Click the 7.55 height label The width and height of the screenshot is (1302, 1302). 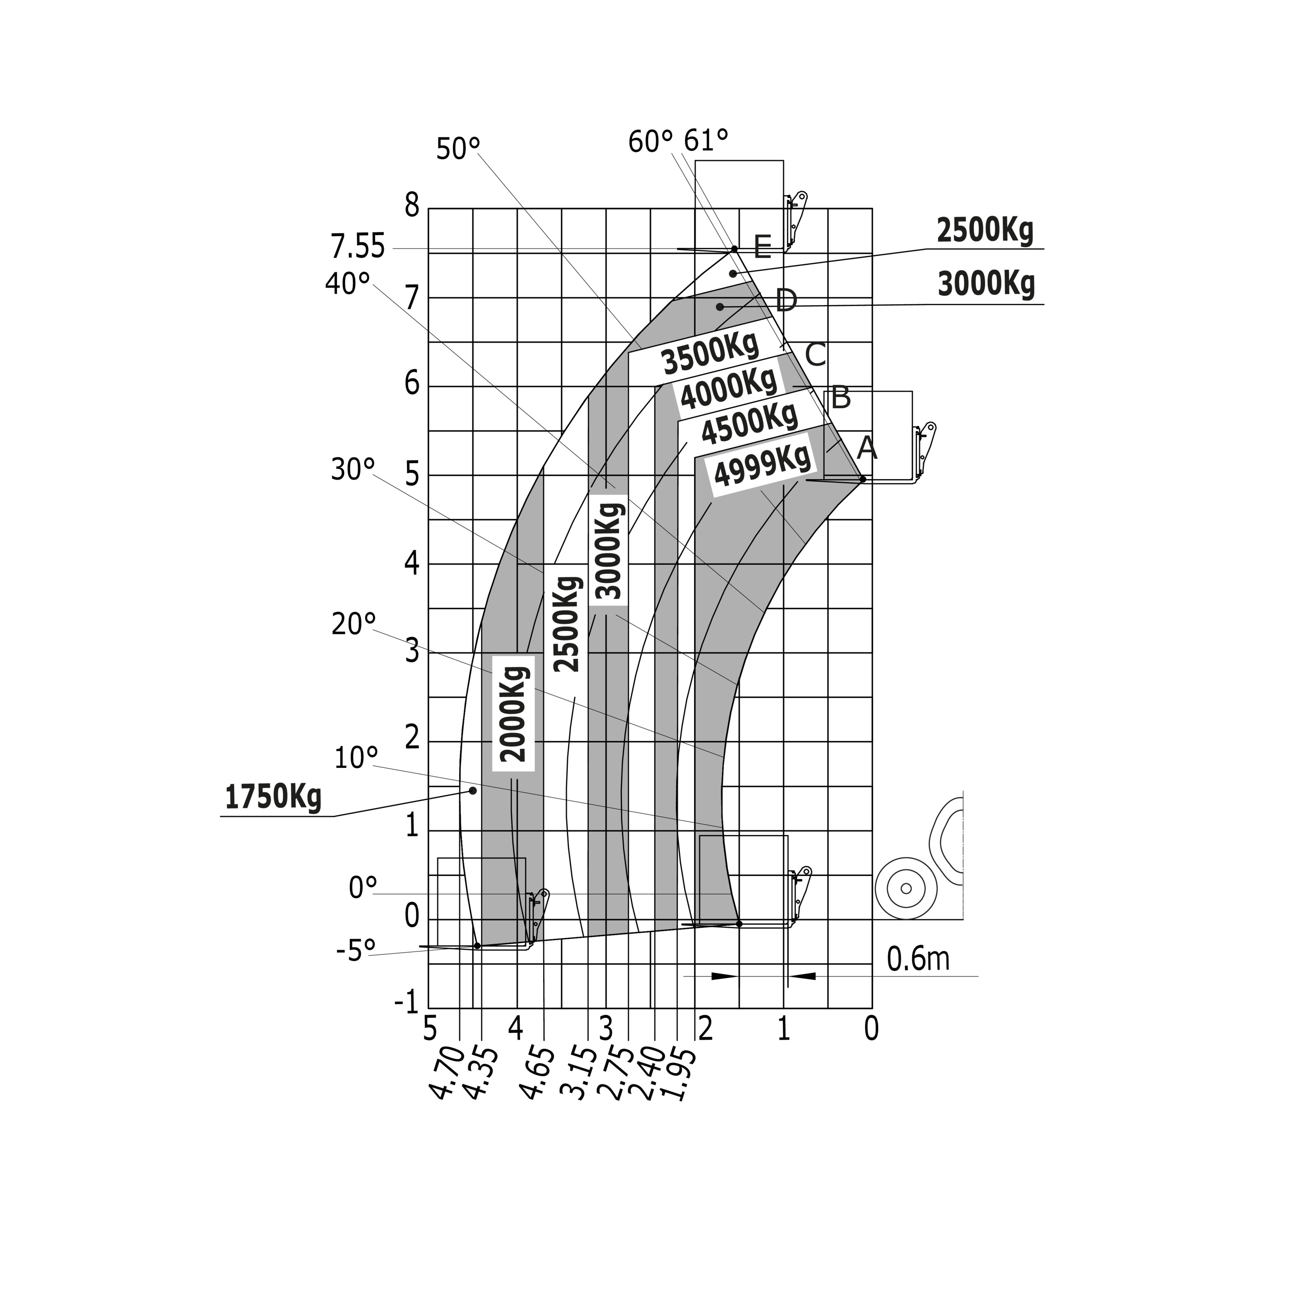pyautogui.click(x=357, y=247)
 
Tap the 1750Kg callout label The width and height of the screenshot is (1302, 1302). pyautogui.click(x=273, y=796)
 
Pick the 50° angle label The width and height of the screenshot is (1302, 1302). pyautogui.click(x=458, y=149)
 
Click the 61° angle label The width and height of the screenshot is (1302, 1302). pyautogui.click(x=706, y=141)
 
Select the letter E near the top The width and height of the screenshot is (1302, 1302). pyautogui.click(x=762, y=247)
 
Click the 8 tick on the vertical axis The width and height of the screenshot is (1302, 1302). pyautogui.click(x=412, y=205)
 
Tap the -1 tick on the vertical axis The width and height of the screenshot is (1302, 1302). pyautogui.click(x=407, y=1003)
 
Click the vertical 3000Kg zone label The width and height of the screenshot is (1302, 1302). pyautogui.click(x=609, y=549)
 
